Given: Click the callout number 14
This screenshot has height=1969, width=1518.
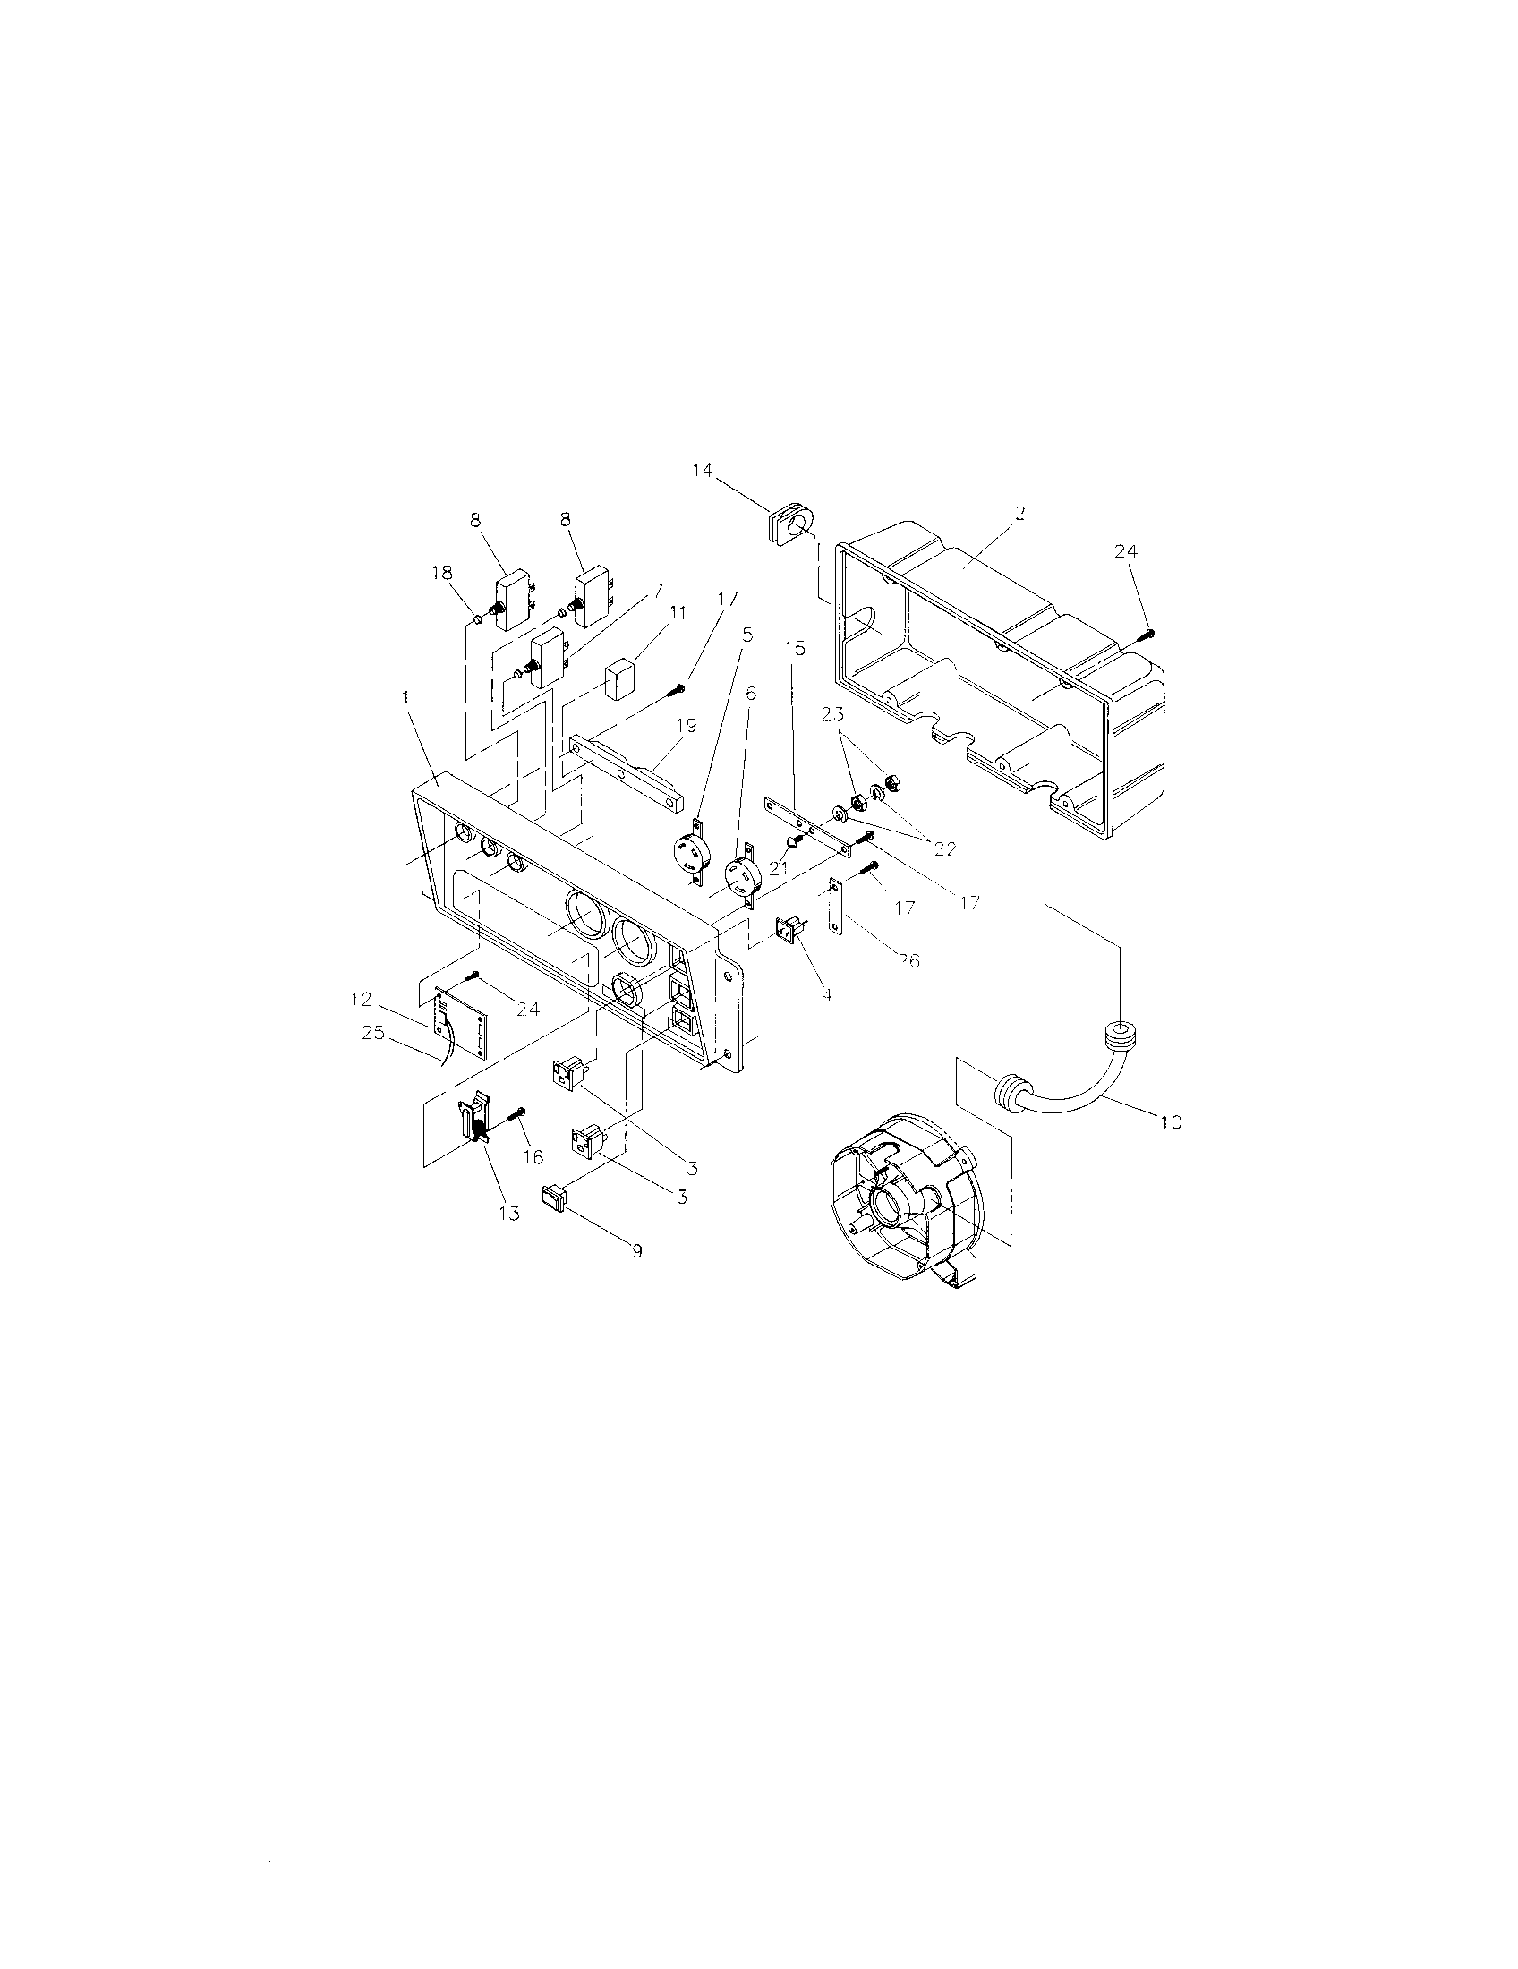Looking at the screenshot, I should (702, 470).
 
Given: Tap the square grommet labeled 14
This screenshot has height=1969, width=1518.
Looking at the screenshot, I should (789, 525).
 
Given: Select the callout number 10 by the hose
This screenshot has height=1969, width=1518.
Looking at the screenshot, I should (1171, 1121).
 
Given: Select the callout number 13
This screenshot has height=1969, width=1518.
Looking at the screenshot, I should (509, 1213).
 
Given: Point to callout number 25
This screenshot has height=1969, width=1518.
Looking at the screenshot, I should (372, 1033).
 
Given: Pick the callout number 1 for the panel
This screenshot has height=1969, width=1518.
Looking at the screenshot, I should (405, 698).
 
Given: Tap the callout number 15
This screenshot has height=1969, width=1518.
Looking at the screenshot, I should (794, 648).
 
